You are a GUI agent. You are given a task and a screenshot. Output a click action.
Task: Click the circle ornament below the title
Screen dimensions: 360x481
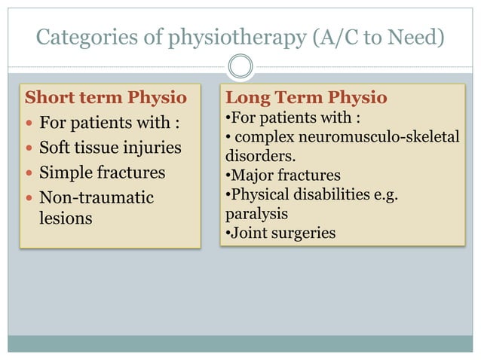(240, 67)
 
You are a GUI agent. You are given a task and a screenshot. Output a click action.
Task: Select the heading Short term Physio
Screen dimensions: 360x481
(106, 98)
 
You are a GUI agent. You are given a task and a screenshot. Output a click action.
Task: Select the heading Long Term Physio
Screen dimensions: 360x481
(306, 98)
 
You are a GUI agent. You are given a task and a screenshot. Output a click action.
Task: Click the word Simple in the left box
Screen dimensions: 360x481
(65, 172)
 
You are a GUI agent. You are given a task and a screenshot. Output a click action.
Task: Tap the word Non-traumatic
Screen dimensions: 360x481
(96, 197)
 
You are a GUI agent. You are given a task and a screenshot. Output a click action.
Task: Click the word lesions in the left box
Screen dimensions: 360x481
(66, 218)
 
